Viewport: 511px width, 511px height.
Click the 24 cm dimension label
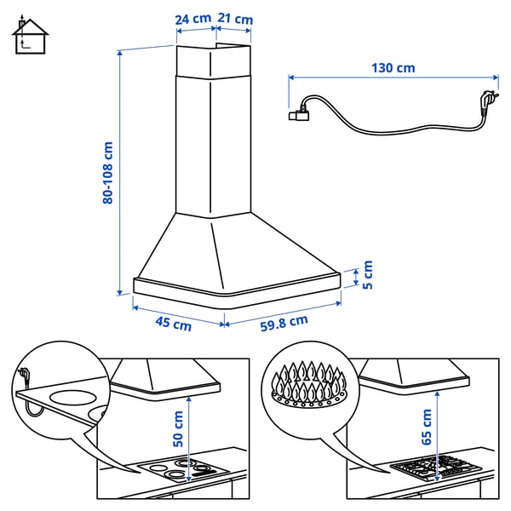[x=194, y=19]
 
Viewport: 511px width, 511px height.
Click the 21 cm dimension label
[x=234, y=19]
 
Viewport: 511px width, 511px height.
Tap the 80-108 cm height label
[x=107, y=173]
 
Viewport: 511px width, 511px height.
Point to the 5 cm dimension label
[x=368, y=275]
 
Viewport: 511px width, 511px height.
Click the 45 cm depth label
[x=173, y=323]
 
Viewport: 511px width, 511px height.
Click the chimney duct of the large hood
[x=213, y=128]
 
